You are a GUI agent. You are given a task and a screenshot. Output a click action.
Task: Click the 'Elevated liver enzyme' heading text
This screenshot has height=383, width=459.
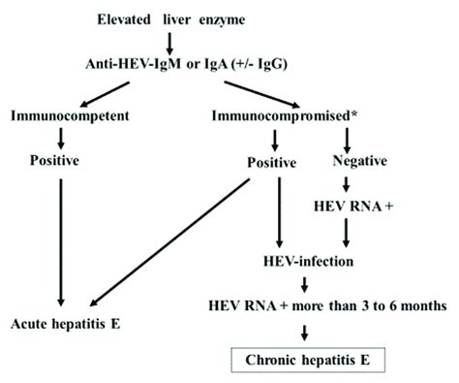click(170, 18)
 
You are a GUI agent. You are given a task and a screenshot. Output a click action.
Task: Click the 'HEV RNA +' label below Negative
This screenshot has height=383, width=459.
click(349, 207)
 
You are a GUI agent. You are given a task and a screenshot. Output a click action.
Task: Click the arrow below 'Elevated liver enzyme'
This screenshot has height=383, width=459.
click(169, 41)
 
